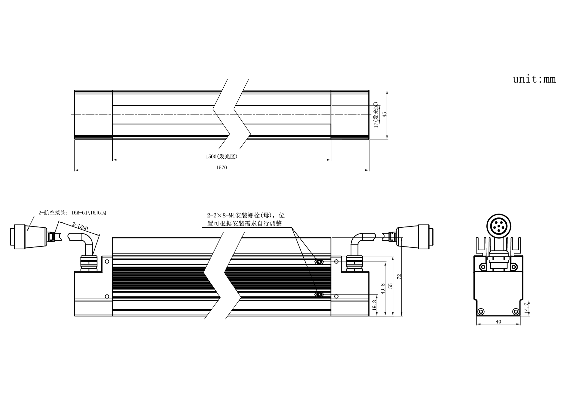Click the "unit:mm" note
click(x=534, y=79)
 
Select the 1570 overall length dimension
click(x=221, y=168)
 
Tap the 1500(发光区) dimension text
click(x=221, y=157)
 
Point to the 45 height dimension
click(x=384, y=115)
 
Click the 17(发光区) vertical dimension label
click(x=376, y=115)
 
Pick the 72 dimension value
click(x=399, y=276)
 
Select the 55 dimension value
click(x=391, y=286)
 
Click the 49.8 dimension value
click(x=383, y=289)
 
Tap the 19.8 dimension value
click(x=375, y=305)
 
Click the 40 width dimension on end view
click(x=498, y=322)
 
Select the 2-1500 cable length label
click(x=80, y=226)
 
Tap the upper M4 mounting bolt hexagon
click(x=319, y=262)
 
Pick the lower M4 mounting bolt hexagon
click(x=319, y=295)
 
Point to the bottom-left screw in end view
click(x=480, y=311)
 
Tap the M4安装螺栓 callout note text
click(x=246, y=219)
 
